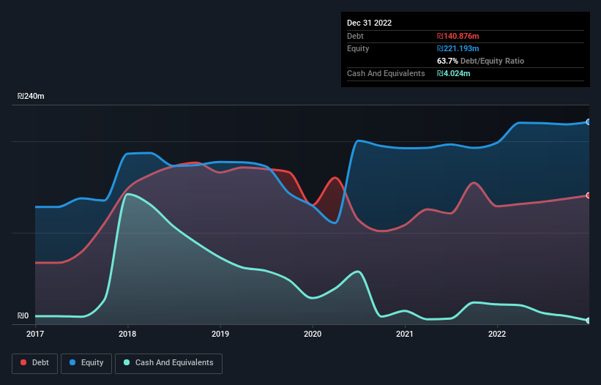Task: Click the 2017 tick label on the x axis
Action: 35,334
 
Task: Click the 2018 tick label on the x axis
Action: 127,334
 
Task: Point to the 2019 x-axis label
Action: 220,334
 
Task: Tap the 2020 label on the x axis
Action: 313,334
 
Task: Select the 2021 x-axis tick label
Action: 405,334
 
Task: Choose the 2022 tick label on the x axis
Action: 497,334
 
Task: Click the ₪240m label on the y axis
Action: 31,97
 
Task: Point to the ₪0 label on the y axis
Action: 23,316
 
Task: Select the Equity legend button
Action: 86,362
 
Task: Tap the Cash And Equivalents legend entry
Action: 168,362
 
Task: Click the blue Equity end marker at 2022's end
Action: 588,122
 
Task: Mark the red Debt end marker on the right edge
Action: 588,195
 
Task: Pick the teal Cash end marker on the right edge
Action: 588,321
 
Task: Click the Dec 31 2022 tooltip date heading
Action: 369,23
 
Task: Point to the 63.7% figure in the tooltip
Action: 449,61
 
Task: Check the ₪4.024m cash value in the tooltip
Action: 454,73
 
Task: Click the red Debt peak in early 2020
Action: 335,178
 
